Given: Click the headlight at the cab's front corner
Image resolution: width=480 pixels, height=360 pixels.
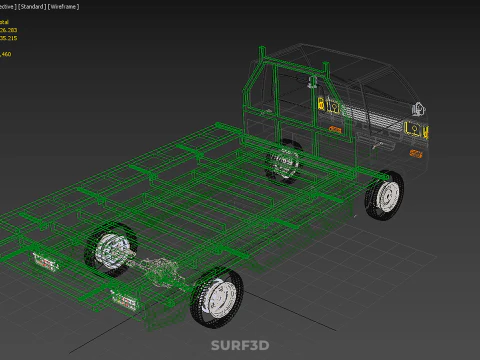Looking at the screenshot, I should point(410,128).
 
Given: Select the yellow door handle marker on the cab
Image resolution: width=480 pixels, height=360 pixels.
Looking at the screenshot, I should point(321,104).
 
